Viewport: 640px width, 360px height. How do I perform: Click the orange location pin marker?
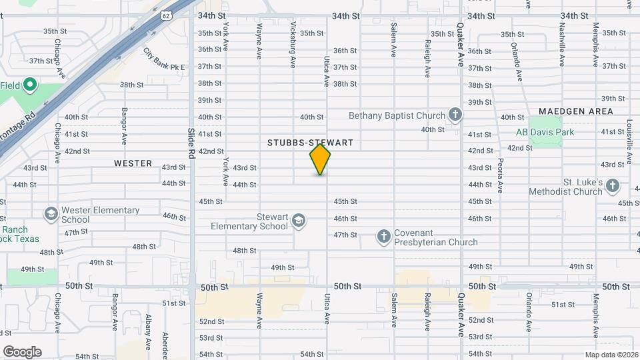point(320,159)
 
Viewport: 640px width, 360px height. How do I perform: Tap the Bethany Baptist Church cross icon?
point(455,115)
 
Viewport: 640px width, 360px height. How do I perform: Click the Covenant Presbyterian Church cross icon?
point(383,236)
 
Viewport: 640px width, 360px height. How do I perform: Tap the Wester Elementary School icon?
point(51,215)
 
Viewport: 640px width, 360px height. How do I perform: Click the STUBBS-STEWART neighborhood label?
point(309,143)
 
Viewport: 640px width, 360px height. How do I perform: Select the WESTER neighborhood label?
point(133,163)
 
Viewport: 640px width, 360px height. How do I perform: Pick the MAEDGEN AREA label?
point(575,111)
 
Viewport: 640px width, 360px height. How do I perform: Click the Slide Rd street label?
point(191,143)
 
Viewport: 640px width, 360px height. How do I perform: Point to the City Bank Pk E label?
point(164,59)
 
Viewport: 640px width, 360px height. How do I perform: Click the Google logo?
point(22,352)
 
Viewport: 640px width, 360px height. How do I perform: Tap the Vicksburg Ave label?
point(293,45)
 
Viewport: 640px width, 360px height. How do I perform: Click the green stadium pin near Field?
point(29,85)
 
